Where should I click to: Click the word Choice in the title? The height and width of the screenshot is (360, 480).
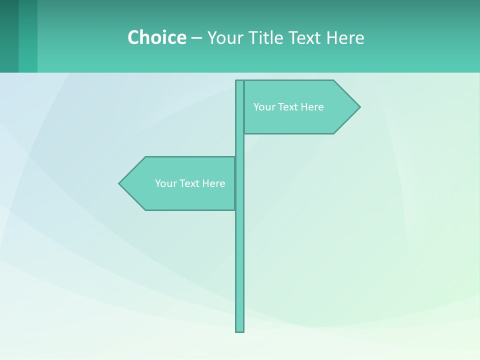(156, 37)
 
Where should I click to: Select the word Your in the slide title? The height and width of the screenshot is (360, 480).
(224, 37)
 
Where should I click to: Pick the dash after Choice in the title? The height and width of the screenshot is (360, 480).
(196, 38)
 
